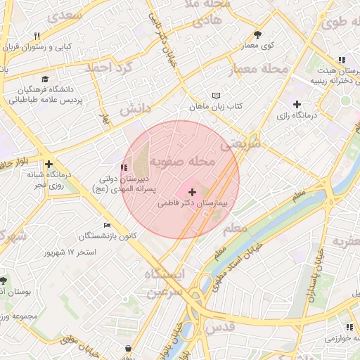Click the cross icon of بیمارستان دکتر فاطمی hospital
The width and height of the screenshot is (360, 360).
[193, 192]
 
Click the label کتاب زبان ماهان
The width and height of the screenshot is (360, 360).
[215, 107]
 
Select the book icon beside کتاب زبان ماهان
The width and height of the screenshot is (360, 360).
[216, 96]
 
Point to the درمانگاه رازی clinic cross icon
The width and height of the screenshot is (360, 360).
[297, 104]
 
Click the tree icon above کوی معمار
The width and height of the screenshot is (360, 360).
[258, 34]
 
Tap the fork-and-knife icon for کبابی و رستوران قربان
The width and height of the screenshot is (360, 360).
[36, 36]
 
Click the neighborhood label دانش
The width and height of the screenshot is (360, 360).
[134, 110]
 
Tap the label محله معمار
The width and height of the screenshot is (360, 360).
[259, 70]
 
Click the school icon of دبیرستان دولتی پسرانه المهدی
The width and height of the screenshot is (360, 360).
[124, 167]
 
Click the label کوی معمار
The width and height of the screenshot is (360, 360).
[258, 46]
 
